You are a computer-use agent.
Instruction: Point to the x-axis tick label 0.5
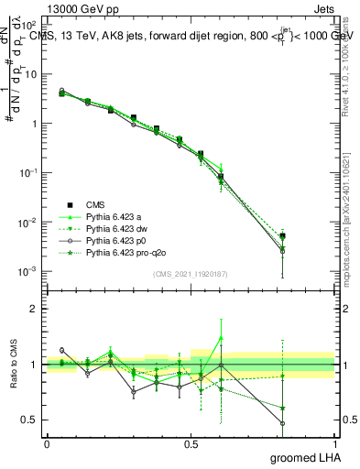click(191, 443)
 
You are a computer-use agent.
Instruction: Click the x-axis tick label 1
click(334, 443)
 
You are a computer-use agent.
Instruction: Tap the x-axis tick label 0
click(47, 443)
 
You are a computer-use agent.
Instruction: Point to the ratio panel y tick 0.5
click(31, 420)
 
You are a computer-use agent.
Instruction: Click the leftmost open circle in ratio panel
click(61, 350)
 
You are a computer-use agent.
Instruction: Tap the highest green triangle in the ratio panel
click(221, 337)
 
